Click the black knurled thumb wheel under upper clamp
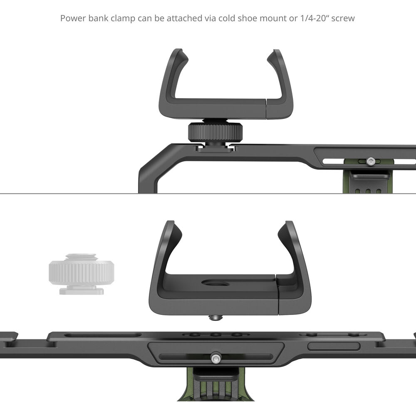[215, 132]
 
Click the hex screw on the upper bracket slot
[370, 161]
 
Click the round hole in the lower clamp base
[215, 284]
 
